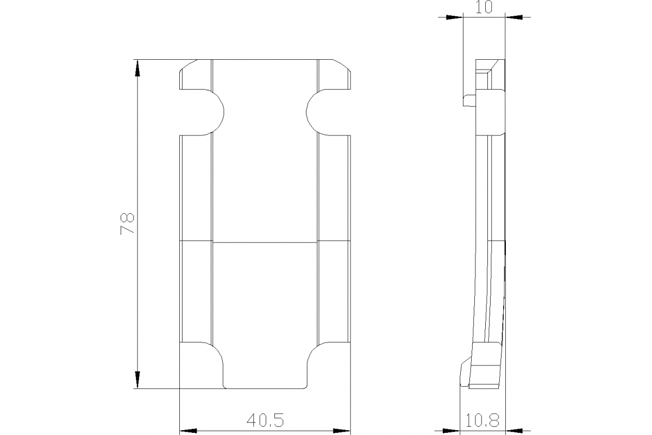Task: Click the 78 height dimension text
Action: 127,223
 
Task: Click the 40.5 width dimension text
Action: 265,420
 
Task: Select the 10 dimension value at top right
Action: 484,8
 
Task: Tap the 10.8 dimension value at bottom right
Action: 482,420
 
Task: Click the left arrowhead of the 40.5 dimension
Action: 187,431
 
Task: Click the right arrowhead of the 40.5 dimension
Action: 342,431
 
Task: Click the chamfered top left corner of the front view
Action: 187,66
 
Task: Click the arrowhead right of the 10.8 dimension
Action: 513,431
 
